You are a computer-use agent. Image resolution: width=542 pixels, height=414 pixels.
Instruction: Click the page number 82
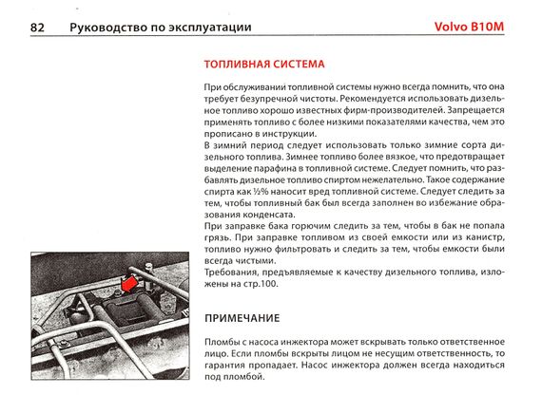pyautogui.click(x=37, y=28)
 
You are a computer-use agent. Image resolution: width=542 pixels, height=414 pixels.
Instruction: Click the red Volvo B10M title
pyautogui.click(x=469, y=27)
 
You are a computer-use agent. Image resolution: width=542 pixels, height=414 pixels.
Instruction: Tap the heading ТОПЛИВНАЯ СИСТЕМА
pyautogui.click(x=264, y=65)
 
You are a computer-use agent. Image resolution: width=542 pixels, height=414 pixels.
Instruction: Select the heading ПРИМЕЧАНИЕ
pyautogui.click(x=242, y=318)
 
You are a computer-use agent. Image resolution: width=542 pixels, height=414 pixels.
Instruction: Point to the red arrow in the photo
pyautogui.click(x=128, y=283)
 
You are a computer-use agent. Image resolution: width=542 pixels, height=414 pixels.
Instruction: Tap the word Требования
pyautogui.click(x=231, y=273)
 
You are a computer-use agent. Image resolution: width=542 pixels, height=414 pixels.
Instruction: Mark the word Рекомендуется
pyautogui.click(x=373, y=99)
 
